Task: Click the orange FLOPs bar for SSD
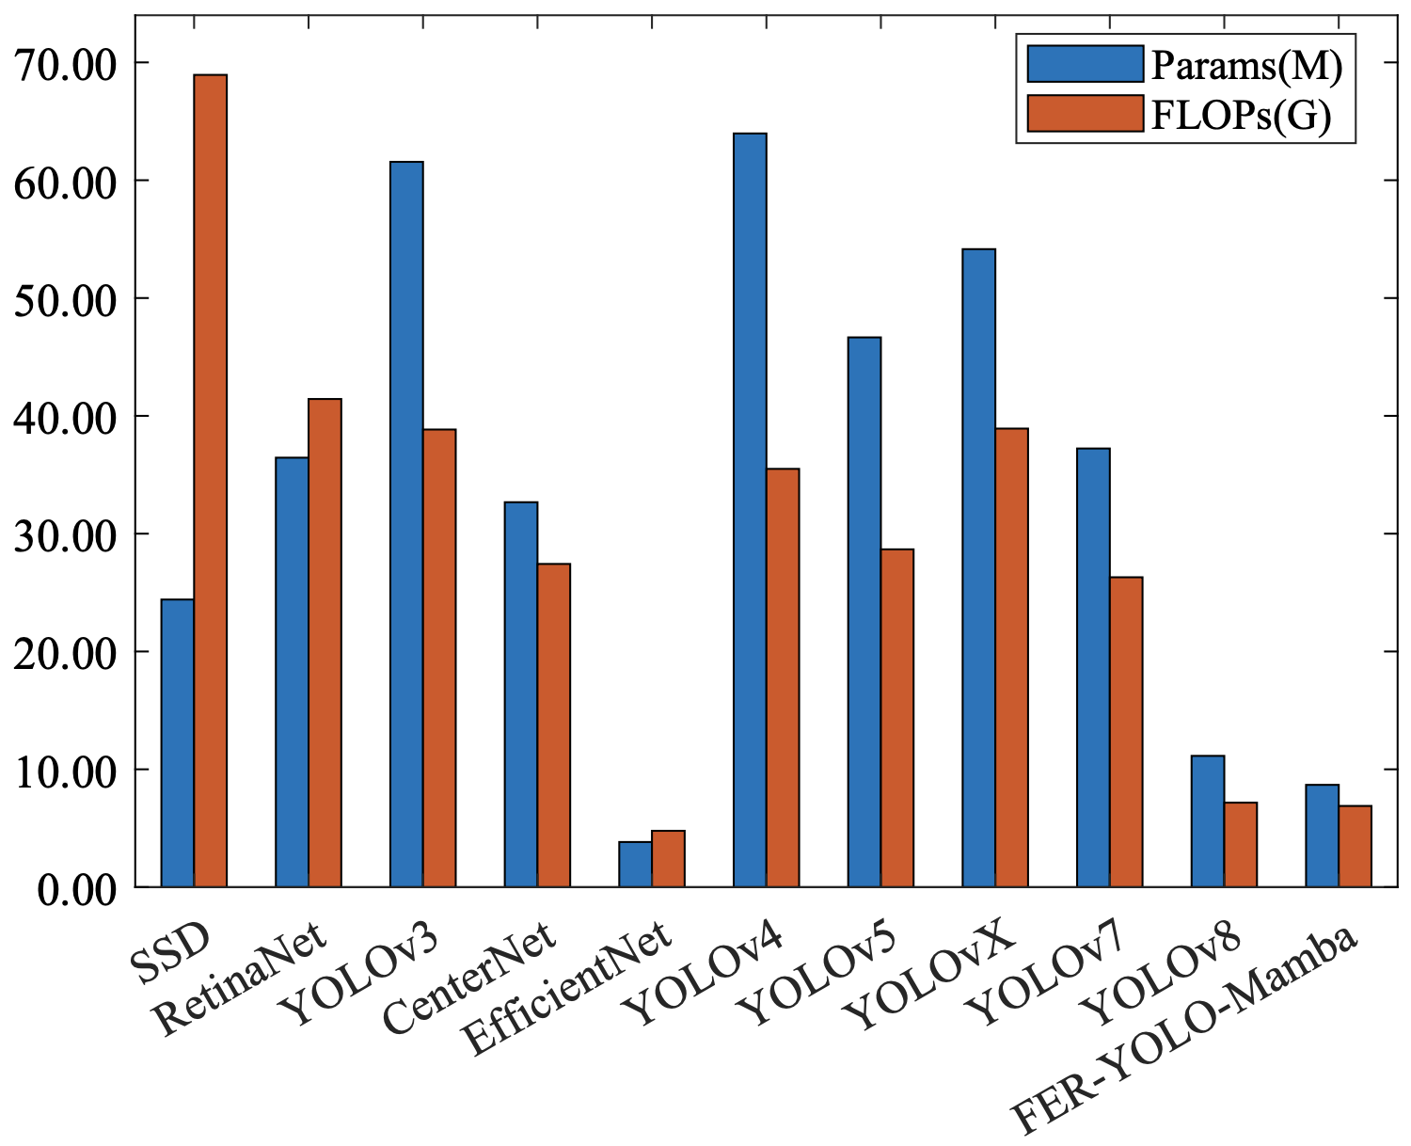pyautogui.click(x=210, y=480)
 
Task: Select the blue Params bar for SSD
pyautogui.click(x=178, y=742)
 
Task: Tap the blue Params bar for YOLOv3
pyautogui.click(x=406, y=524)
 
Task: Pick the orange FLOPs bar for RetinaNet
pyautogui.click(x=325, y=643)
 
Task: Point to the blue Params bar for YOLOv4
pyautogui.click(x=750, y=510)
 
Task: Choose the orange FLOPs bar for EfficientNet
pyautogui.click(x=668, y=858)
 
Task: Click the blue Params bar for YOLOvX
pyautogui.click(x=978, y=567)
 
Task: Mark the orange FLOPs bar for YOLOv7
pyautogui.click(x=1126, y=731)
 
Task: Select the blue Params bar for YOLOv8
pyautogui.click(x=1207, y=820)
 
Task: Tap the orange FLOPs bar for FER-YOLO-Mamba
pyautogui.click(x=1355, y=846)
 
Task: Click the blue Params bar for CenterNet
pyautogui.click(x=521, y=694)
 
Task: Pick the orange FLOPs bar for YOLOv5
pyautogui.click(x=896, y=717)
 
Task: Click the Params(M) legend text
pyautogui.click(x=1245, y=66)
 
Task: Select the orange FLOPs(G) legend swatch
pyautogui.click(x=1085, y=113)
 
